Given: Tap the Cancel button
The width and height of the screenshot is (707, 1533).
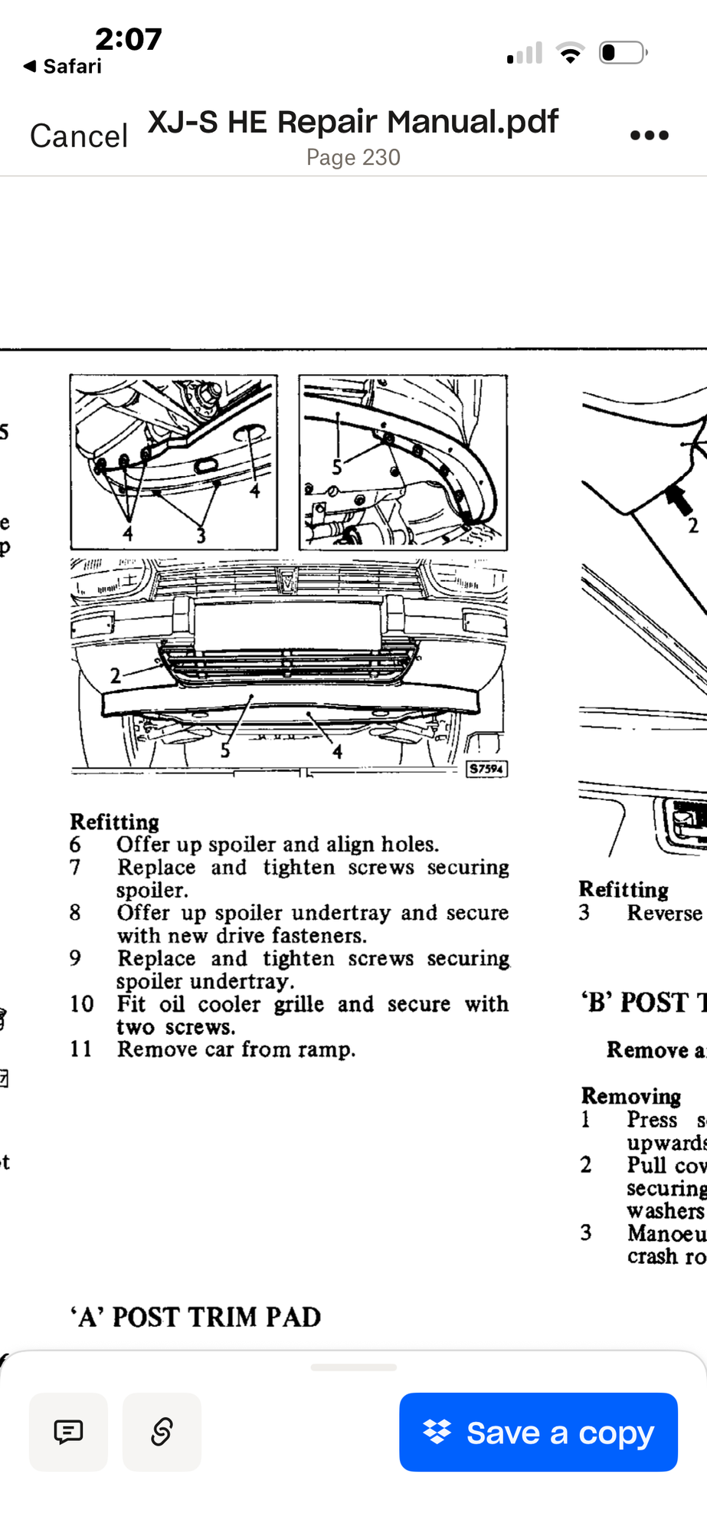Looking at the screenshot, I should point(78,136).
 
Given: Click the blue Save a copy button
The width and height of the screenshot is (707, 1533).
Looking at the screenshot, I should point(538,1432).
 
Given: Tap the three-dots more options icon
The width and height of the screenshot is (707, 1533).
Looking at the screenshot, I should point(649,136).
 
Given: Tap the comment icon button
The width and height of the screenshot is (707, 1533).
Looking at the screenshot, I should point(68,1432).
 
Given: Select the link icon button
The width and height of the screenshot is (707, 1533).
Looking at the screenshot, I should point(162,1432).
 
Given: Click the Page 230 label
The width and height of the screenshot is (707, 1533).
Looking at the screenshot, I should point(353,157).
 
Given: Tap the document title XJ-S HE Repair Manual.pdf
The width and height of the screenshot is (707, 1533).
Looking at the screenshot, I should point(353,122).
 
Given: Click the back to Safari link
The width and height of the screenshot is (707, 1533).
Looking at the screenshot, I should point(63,67).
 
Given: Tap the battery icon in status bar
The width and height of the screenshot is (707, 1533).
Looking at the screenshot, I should point(623,53).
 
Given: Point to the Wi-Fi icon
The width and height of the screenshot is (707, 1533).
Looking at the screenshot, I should point(570,53).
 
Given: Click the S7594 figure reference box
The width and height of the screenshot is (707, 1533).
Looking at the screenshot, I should point(486,768).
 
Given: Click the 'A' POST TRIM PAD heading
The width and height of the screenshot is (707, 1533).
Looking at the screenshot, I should point(195,1317).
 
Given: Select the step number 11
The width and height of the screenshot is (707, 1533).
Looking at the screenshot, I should point(80,1049).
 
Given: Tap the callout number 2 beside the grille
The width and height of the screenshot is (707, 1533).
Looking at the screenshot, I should point(115,675).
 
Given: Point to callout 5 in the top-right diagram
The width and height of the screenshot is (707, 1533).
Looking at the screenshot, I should point(336,467).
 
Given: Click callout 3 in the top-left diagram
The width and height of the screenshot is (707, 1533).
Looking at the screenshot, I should point(201,535).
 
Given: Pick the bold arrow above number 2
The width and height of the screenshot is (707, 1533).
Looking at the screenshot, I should point(679,500).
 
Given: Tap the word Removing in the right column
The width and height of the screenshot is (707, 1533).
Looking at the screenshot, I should point(631,1096).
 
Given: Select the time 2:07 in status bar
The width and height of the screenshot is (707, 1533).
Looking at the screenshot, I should point(128,38).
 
